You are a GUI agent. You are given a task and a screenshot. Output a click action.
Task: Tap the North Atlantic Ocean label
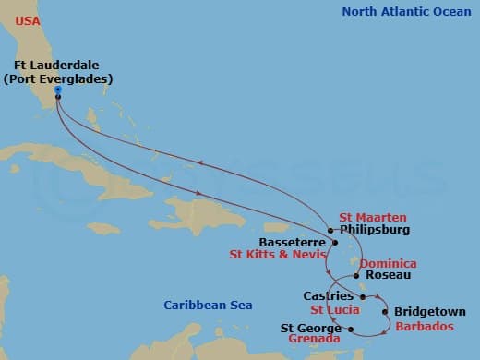[403, 12]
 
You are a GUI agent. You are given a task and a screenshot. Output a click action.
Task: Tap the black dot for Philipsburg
[330, 231]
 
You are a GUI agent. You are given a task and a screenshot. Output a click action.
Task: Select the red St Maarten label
[372, 217]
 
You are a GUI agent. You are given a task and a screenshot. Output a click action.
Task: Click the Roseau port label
[387, 275]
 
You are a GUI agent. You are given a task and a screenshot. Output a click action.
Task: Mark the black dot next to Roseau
[356, 275]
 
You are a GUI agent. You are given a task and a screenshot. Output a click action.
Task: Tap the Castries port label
[329, 296]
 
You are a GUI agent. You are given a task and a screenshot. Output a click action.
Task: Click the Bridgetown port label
[430, 312]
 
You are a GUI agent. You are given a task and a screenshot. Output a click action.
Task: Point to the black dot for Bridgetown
[386, 312]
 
